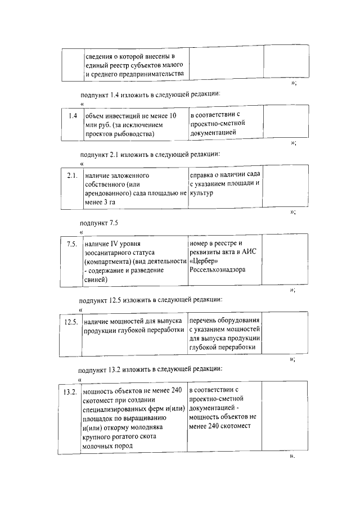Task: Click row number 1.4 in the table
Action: pyautogui.click(x=72, y=116)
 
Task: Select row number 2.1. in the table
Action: pyautogui.click(x=71, y=176)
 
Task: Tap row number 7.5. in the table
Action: pyautogui.click(x=71, y=244)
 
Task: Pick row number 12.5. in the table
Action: pyautogui.click(x=71, y=322)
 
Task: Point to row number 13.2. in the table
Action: pyautogui.click(x=70, y=391)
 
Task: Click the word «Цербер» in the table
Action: pyautogui.click(x=202, y=261)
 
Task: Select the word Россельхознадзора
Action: pyautogui.click(x=218, y=270)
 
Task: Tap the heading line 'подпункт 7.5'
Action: pyautogui.click(x=98, y=223)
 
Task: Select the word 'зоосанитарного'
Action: pyautogui.click(x=110, y=253)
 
